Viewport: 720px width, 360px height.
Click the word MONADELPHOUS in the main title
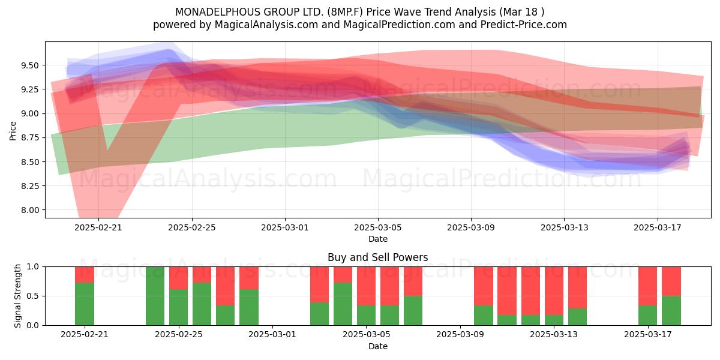point(218,12)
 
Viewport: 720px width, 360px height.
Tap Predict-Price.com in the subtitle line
point(524,25)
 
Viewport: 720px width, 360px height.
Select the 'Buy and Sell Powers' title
point(377,257)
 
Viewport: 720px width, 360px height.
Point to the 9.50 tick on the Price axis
point(29,65)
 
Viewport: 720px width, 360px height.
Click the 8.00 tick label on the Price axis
point(29,210)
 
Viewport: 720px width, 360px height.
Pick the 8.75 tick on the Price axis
point(29,138)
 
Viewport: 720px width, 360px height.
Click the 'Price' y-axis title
point(13,131)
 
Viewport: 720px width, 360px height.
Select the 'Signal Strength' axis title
point(17,296)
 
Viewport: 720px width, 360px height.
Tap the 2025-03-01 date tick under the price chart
point(285,227)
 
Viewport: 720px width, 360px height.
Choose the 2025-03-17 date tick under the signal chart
point(647,335)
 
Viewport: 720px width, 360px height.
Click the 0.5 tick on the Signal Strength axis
point(32,296)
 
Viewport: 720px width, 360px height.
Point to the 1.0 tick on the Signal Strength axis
point(32,267)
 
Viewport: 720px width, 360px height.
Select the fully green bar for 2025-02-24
point(155,296)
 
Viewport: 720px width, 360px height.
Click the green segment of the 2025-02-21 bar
point(85,304)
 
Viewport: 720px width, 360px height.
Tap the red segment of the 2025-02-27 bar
point(226,286)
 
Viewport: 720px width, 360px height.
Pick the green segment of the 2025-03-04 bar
point(343,304)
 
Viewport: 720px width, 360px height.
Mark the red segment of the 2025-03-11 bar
point(507,291)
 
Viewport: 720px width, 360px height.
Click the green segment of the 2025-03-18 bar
point(671,311)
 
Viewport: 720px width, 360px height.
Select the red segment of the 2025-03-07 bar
point(413,281)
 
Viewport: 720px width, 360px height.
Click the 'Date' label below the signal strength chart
point(377,346)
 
